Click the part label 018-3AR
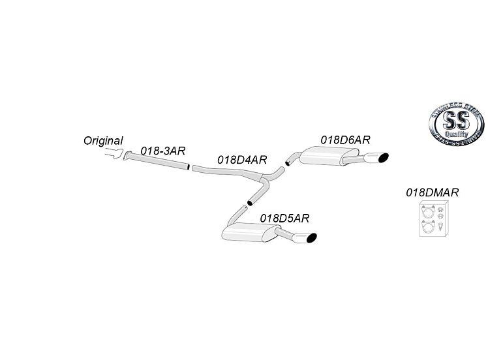pos(163,150)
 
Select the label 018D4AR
pos(242,159)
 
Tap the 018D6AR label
pos(345,140)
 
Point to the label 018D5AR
pos(284,218)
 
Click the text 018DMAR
pos(432,192)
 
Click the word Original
pos(103,140)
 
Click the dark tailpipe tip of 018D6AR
pos(382,157)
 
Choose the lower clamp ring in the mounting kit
pos(427,226)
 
